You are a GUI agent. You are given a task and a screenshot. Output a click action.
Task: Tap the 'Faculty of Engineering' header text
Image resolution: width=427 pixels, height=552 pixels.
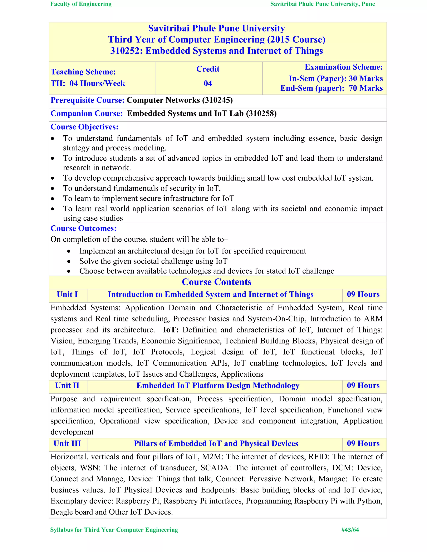click(81, 4)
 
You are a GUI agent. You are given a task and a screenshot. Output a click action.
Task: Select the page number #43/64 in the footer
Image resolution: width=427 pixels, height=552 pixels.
click(350, 530)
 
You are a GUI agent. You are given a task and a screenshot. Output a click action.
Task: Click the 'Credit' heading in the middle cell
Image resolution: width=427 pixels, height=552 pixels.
click(208, 69)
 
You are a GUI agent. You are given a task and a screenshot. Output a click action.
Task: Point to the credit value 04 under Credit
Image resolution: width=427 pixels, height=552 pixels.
click(208, 83)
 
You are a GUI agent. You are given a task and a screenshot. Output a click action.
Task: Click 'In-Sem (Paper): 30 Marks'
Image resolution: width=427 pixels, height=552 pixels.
click(335, 79)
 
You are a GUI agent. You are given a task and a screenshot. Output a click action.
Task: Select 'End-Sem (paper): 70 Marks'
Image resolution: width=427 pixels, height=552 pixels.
click(331, 88)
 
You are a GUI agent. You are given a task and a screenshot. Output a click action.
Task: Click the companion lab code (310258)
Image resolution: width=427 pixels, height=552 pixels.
click(261, 114)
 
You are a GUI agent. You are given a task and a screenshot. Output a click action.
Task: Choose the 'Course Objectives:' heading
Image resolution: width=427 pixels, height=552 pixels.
click(84, 127)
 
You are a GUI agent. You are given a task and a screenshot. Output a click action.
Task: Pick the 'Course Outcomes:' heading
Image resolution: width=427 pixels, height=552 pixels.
click(83, 229)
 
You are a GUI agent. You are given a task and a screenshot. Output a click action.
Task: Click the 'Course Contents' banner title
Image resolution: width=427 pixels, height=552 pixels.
click(217, 282)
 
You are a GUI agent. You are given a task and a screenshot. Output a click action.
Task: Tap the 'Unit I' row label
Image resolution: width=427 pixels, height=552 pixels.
click(67, 295)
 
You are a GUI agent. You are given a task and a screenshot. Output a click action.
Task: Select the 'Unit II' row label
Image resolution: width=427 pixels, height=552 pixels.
click(67, 386)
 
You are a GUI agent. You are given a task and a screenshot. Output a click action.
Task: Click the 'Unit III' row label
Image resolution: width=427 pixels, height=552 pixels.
click(67, 443)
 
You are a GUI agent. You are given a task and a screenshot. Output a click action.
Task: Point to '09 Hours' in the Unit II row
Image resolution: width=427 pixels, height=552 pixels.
click(363, 386)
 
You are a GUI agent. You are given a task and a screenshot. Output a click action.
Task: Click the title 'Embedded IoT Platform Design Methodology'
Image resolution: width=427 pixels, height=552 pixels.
click(218, 386)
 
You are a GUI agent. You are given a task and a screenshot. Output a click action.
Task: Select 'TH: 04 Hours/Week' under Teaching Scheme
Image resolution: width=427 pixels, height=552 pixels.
click(88, 83)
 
